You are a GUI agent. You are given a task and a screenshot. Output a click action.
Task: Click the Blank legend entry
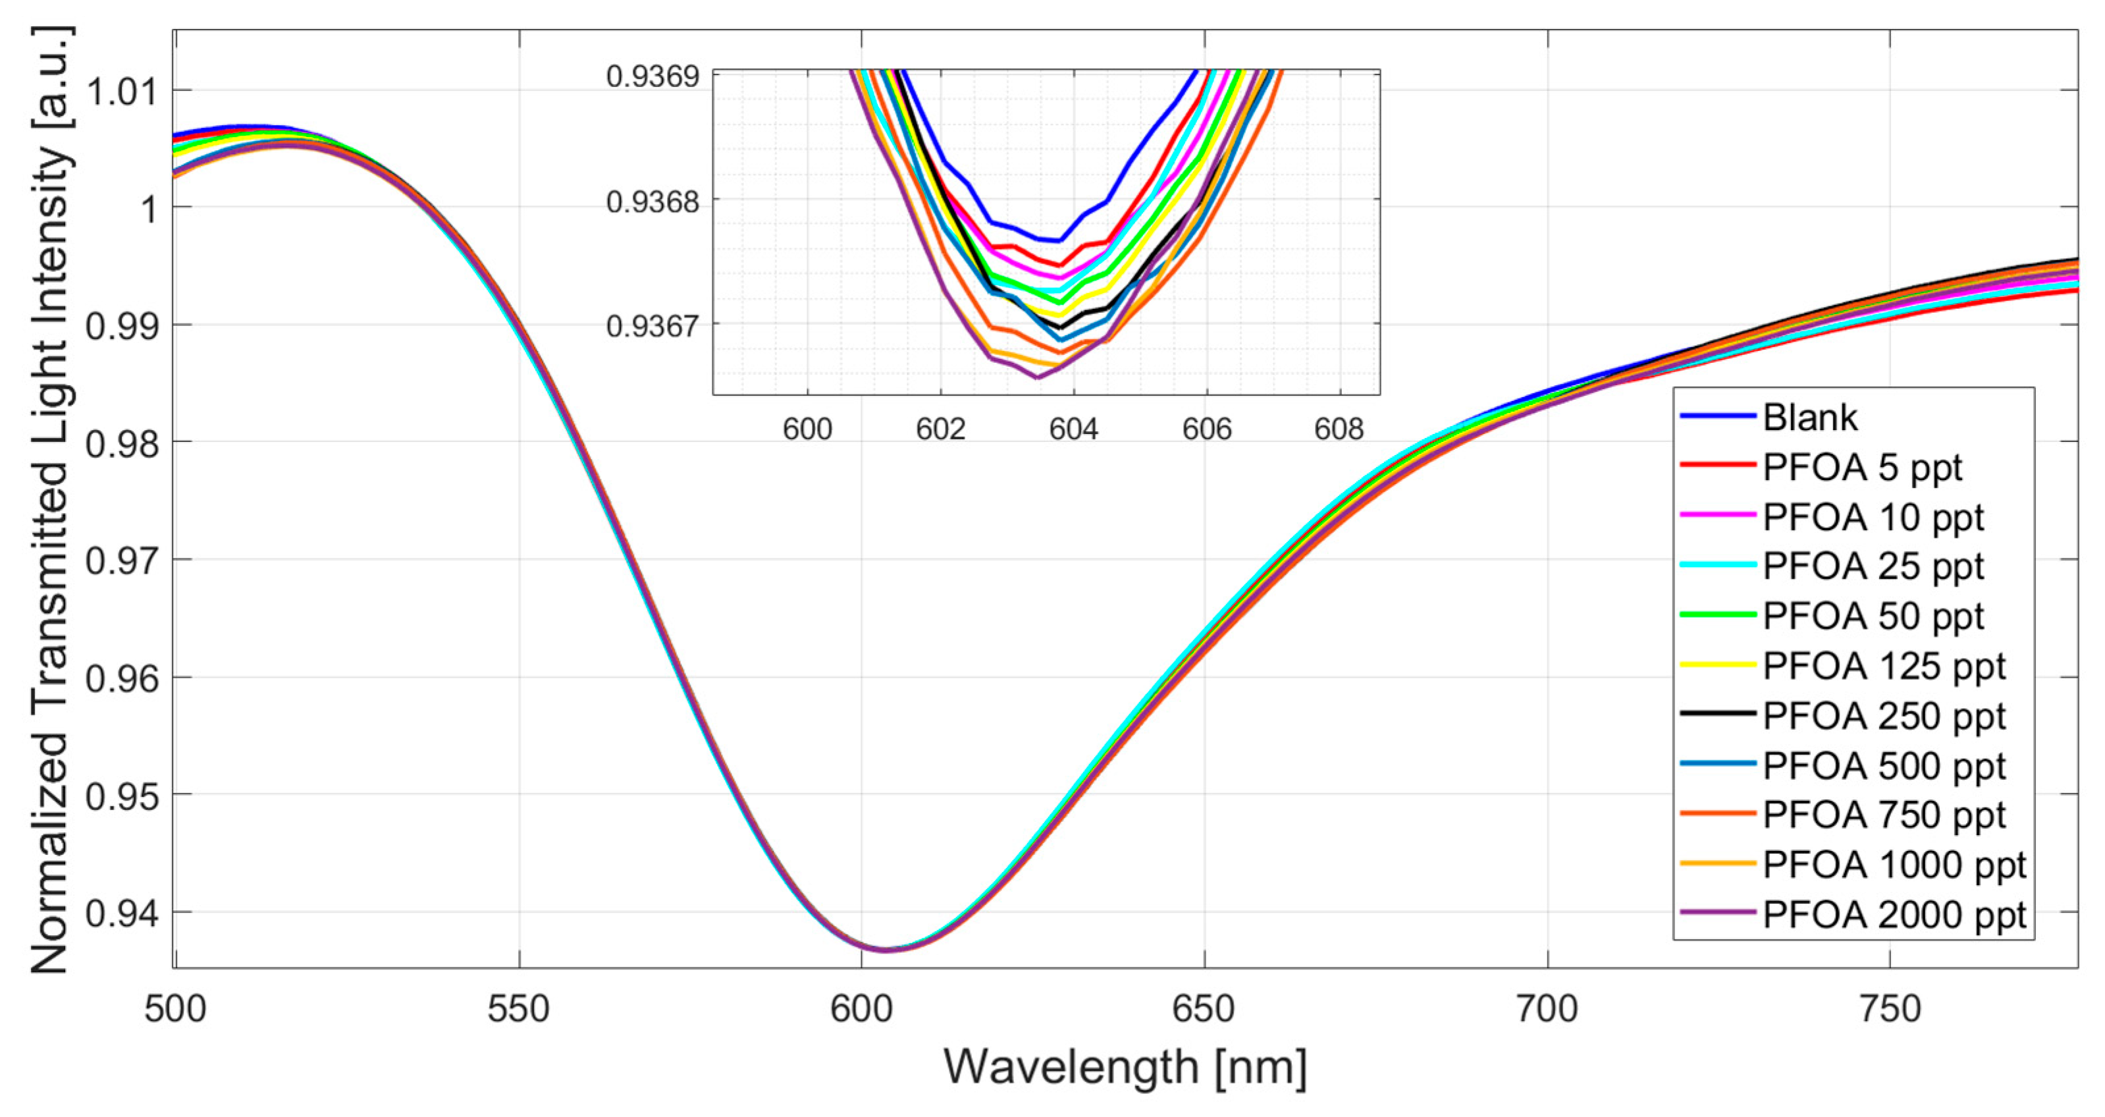[x=1809, y=418]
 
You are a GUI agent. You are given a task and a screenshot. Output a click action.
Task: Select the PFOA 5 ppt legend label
[x=1861, y=468]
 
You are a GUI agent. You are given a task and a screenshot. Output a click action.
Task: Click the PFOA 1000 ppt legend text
[x=1894, y=865]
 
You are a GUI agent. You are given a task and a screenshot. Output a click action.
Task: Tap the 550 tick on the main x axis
[x=519, y=1010]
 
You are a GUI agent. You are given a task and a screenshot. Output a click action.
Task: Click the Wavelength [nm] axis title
[x=1125, y=1067]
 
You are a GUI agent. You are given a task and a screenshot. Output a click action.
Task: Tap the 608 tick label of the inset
[x=1339, y=429]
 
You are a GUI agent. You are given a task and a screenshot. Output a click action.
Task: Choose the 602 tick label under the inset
[x=940, y=429]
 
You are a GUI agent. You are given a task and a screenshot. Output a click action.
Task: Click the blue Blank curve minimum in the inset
[x=1059, y=240]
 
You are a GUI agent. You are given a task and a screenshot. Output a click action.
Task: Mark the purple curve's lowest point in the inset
[x=1037, y=377]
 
